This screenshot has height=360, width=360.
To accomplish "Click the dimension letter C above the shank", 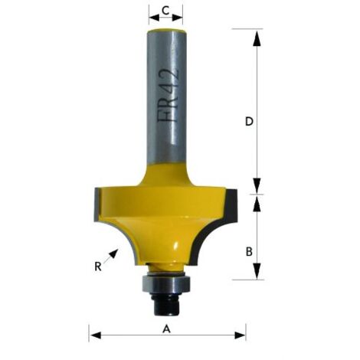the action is coord(165,11).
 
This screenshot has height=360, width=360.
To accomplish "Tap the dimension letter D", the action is coord(249,121).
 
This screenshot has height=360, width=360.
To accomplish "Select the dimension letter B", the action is coord(249,251).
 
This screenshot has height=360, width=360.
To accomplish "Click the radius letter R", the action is coord(98,267).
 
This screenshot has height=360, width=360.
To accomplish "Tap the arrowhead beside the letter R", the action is coord(114,254).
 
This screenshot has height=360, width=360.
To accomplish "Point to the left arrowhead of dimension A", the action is coord(96,335).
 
